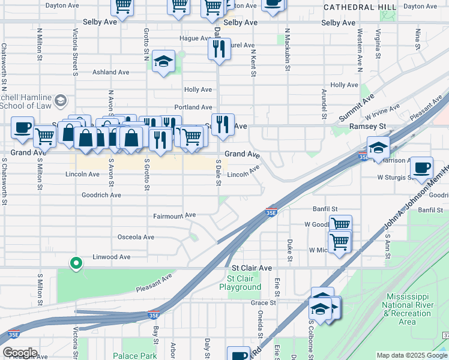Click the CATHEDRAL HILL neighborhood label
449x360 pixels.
click(x=360, y=7)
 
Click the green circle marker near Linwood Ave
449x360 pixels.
click(x=76, y=263)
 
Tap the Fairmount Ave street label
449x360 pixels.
click(x=175, y=215)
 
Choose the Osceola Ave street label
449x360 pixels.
click(x=136, y=237)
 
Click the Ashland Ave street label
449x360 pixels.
click(x=110, y=72)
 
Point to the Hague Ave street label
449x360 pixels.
click(x=193, y=38)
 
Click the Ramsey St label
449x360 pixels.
click(x=368, y=127)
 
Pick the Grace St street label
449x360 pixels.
click(x=264, y=303)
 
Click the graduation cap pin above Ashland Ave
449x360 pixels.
click(x=163, y=61)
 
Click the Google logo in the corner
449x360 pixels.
click(x=19, y=353)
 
